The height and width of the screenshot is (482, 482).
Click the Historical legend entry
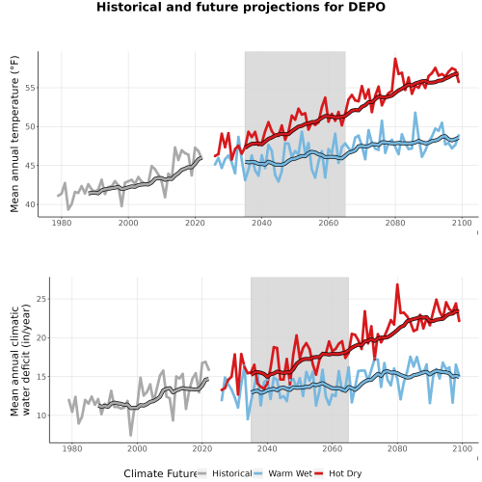click(225, 473)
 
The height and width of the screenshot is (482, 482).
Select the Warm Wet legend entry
click(282, 473)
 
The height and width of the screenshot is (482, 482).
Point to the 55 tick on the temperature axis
click(30, 88)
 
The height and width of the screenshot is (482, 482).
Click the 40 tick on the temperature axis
click(30, 204)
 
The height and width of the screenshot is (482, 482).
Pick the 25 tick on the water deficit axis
click(41, 299)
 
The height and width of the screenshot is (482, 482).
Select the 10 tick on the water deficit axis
click(41, 415)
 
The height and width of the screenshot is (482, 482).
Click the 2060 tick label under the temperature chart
click(329, 223)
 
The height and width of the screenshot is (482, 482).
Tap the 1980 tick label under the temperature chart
click(62, 223)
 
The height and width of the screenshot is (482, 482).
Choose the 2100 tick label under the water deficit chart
click(462, 448)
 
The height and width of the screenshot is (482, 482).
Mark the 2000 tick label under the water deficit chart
click(137, 448)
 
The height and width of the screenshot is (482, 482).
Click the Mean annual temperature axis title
click(14, 134)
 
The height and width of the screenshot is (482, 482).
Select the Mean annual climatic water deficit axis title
click(20, 360)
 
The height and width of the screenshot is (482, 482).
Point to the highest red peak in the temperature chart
click(395, 59)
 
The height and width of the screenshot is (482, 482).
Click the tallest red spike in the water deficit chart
click(397, 284)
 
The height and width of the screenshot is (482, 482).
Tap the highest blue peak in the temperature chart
click(415, 113)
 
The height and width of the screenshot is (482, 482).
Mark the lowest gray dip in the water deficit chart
click(131, 435)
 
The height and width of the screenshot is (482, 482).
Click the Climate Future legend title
click(160, 473)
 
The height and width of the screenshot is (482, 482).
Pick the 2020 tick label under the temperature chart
click(195, 223)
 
